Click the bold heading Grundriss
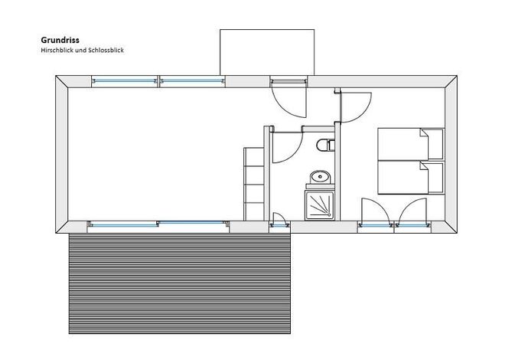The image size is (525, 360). pos(60,40)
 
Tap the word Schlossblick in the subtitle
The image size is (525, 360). pos(106,51)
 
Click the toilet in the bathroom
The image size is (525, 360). pos(325,145)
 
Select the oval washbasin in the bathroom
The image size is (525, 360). pos(320,177)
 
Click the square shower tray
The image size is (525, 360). pos(320,205)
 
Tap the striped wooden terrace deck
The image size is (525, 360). pos(179,283)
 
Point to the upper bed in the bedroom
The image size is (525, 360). pos(411,144)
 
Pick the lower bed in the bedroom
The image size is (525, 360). pos(411,177)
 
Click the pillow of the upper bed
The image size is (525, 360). pos(434,144)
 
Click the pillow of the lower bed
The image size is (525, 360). pos(434,178)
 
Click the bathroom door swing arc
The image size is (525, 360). pos(294,152)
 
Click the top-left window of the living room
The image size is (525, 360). pos(125,80)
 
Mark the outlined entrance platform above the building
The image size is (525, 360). pos(267,52)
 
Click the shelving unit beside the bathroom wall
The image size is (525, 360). pos(254,184)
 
